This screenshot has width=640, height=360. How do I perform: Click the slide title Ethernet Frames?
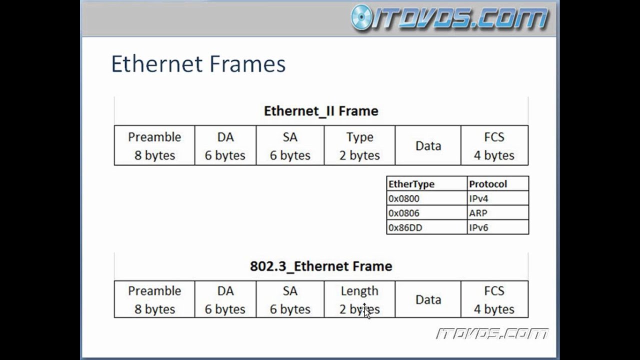pyautogui.click(x=198, y=64)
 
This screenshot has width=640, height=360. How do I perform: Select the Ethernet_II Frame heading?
pyautogui.click(x=321, y=111)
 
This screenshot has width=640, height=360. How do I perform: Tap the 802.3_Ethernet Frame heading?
pyautogui.click(x=321, y=266)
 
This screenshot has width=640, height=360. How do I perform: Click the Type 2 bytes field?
pyautogui.click(x=359, y=145)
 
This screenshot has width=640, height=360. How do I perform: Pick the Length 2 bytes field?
pyautogui.click(x=359, y=299)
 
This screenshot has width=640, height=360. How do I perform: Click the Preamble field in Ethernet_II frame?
pyautogui.click(x=154, y=145)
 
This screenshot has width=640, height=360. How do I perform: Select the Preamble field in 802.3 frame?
pyautogui.click(x=154, y=299)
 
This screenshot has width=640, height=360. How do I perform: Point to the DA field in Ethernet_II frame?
pyautogui.click(x=225, y=145)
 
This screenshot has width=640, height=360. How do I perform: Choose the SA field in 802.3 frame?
pyautogui.click(x=290, y=299)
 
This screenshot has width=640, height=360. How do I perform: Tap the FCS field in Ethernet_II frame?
pyautogui.click(x=494, y=145)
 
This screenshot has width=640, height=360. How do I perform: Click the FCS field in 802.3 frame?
pyautogui.click(x=494, y=299)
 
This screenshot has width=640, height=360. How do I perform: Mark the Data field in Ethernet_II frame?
pyautogui.click(x=428, y=145)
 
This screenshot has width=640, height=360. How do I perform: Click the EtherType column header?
pyautogui.click(x=411, y=184)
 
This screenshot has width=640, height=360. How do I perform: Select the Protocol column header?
pyautogui.click(x=488, y=184)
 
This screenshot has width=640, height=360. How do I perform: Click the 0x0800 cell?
pyautogui.click(x=404, y=198)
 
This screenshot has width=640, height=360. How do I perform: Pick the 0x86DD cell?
pyautogui.click(x=405, y=227)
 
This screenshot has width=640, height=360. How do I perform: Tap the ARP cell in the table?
pyautogui.click(x=478, y=213)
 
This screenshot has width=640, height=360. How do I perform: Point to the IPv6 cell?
pyautogui.click(x=478, y=227)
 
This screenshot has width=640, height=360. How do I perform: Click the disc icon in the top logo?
pyautogui.click(x=361, y=17)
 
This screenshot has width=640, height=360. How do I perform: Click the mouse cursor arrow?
pyautogui.click(x=366, y=311)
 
